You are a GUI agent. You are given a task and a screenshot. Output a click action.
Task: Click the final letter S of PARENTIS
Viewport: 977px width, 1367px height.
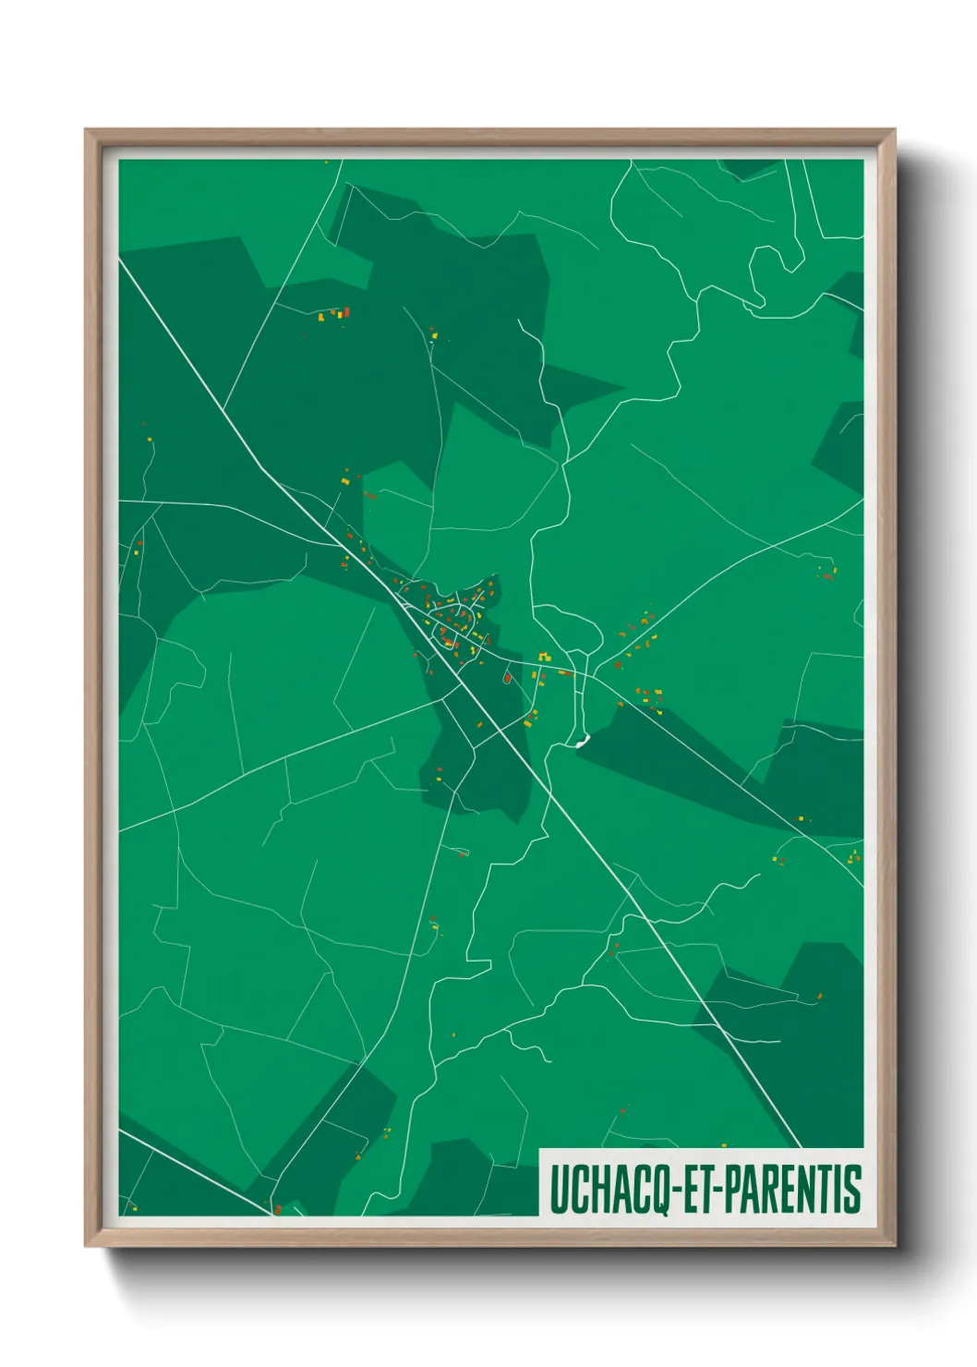pyautogui.click(x=853, y=1190)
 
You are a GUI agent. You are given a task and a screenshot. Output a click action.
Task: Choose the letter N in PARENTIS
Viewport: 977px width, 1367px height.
pyautogui.click(x=805, y=1190)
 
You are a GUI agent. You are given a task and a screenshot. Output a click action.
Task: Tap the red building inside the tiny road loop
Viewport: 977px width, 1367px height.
pyautogui.click(x=507, y=679)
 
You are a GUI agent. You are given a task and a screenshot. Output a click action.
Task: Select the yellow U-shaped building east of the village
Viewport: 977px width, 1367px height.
pyautogui.click(x=543, y=657)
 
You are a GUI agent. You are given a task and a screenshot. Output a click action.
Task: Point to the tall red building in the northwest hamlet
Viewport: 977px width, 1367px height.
pyautogui.click(x=346, y=312)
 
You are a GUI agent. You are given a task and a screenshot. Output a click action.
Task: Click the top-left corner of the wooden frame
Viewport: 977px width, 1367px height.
pyautogui.click(x=87, y=131)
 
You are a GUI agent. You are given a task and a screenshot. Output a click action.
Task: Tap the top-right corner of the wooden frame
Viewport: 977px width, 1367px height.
pyautogui.click(x=893, y=131)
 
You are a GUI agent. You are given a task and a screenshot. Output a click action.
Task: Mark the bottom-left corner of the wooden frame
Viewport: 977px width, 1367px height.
pyautogui.click(x=87, y=1245)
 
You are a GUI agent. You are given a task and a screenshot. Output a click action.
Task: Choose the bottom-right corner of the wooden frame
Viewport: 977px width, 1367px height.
pyautogui.click(x=893, y=1245)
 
